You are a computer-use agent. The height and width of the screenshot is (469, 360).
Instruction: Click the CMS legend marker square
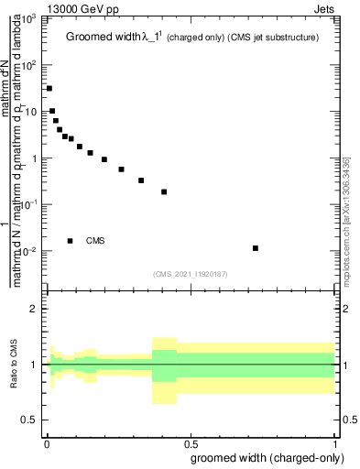click(x=71, y=241)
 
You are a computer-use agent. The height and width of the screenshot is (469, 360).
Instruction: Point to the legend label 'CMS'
click(x=95, y=241)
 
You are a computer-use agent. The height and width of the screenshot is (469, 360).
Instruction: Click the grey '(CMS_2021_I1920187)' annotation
click(x=190, y=272)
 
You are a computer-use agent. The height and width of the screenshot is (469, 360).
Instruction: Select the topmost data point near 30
click(x=49, y=89)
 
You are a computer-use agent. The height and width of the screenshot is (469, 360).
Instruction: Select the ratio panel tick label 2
click(x=35, y=309)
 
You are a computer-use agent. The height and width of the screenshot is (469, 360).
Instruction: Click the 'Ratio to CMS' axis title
click(x=14, y=365)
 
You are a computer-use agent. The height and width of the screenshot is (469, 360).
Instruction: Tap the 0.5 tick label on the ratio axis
click(x=30, y=420)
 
